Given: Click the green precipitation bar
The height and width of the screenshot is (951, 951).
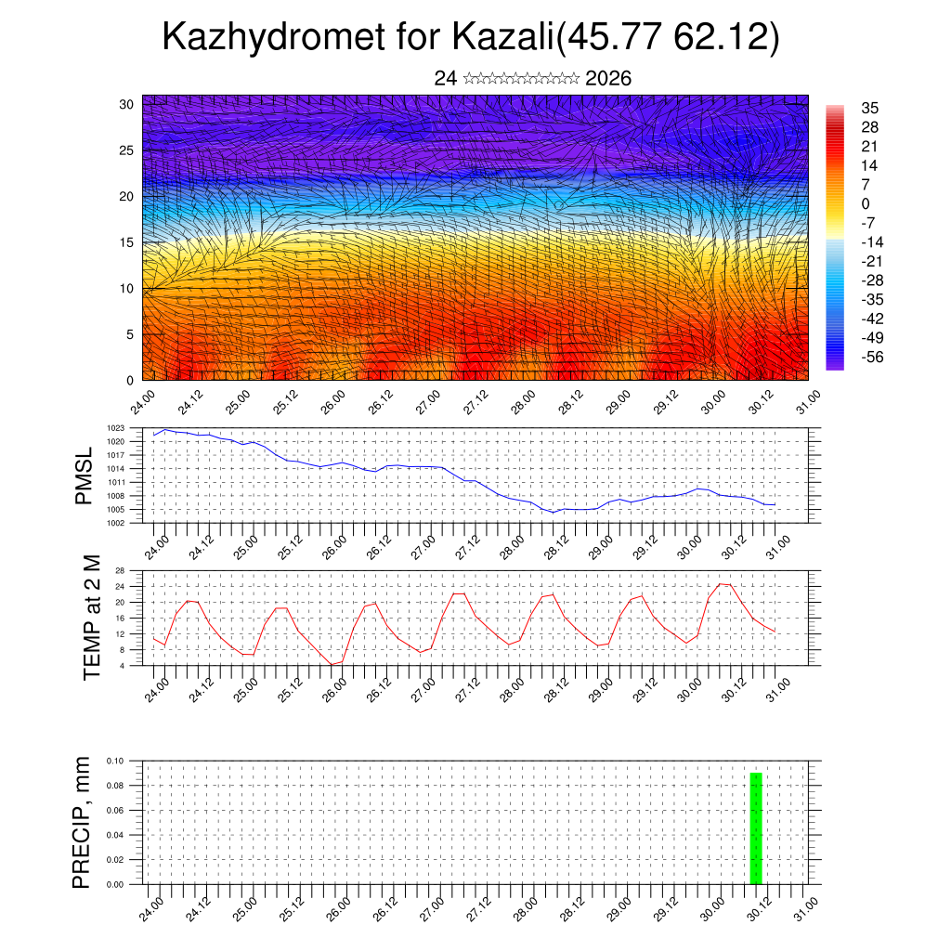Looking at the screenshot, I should pos(756,827).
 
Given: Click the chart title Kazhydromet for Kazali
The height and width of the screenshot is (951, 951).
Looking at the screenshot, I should pos(470,37).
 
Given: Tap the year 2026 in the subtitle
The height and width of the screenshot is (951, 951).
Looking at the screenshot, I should pos(608,79).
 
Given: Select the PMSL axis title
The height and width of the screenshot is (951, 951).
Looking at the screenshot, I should pos(84,475).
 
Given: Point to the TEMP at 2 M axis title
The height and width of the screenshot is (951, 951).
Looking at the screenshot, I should pos(91,619).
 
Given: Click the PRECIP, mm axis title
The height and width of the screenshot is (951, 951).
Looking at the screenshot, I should pos(83,822).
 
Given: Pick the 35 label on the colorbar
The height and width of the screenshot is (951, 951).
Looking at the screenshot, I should pos(870,108).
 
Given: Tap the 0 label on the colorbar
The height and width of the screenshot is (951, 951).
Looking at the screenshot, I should pos(866,203).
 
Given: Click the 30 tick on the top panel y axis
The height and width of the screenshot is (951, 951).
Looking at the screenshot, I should pos(126,104).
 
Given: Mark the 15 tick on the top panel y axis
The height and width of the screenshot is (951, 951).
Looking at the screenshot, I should pos(126,242).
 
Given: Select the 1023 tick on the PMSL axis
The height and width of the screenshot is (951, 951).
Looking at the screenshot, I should pos(116,428).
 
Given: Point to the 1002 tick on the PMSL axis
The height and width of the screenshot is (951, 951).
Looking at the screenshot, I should pos(116,523).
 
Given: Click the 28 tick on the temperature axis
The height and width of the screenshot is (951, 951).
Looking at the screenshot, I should pos(120,569).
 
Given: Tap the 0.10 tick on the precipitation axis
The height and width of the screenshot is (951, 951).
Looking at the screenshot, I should pos(115,761).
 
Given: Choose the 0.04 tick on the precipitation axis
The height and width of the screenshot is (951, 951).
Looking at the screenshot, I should pos(115,835).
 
